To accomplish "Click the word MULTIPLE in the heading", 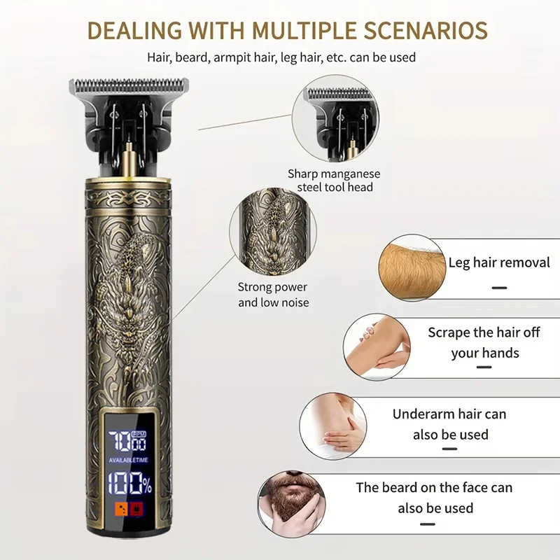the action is click(x=304, y=30).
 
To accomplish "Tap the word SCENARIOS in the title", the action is click(x=426, y=30).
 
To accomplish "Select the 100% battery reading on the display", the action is click(x=130, y=484).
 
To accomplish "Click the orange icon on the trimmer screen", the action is click(x=121, y=509).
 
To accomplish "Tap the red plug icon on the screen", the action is click(x=136, y=509).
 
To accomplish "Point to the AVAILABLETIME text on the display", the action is click(x=128, y=460).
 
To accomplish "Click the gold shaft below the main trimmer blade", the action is click(x=129, y=163).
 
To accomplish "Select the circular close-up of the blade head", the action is click(x=335, y=118).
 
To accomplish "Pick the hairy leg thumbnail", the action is click(x=412, y=268).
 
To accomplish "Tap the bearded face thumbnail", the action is click(x=291, y=504).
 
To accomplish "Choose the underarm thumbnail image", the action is click(x=333, y=426).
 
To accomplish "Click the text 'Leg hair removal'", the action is click(x=499, y=262).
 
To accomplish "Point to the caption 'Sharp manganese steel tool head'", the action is click(x=335, y=181).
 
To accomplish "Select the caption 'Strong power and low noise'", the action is click(x=273, y=295).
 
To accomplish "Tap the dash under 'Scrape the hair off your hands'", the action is click(x=484, y=367).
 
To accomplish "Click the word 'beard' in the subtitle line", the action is click(x=192, y=57).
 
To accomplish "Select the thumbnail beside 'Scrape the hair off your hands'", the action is click(x=377, y=346).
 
